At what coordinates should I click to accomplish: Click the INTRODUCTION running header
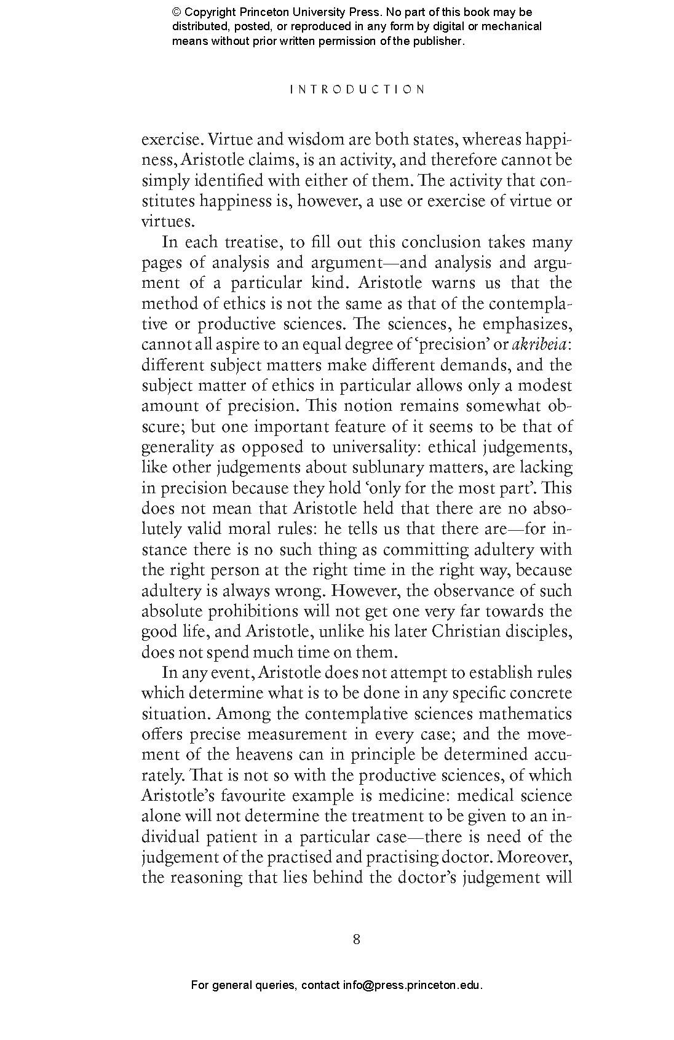pyautogui.click(x=357, y=89)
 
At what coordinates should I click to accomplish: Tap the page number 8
pyautogui.click(x=357, y=939)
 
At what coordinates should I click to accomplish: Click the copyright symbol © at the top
pyautogui.click(x=176, y=12)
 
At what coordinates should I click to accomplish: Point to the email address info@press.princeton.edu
pyautogui.click(x=411, y=985)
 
